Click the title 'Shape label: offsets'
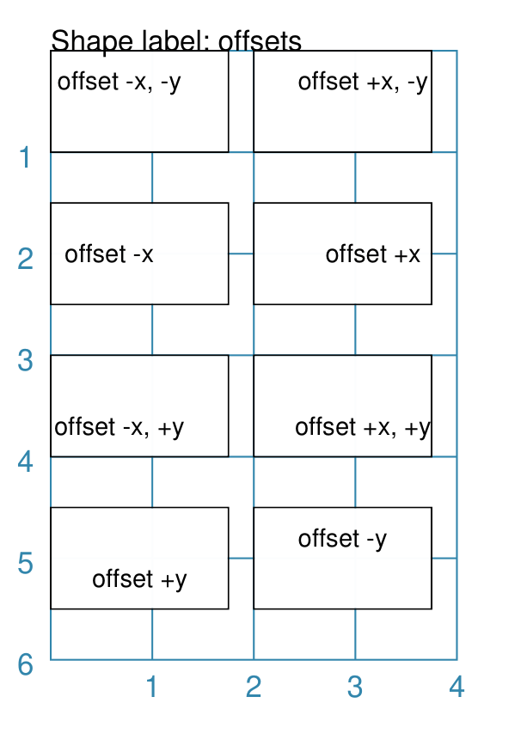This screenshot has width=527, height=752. coord(176,41)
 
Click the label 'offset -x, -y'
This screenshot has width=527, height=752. coord(119,82)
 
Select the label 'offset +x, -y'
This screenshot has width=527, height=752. coord(363,82)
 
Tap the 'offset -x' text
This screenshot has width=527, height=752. coord(109,254)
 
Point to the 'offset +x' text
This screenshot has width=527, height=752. coord(373,254)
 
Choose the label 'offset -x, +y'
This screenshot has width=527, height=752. coord(119,427)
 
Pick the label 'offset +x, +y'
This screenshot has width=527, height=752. coord(363,427)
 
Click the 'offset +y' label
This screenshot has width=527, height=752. coord(139,579)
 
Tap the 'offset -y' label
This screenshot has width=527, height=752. coord(342,539)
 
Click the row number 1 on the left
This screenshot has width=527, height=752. coord(25,157)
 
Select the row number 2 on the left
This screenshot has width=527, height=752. coord(25,259)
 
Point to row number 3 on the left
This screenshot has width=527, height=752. coord(25,361)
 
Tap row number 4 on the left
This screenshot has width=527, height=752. coord(25,462)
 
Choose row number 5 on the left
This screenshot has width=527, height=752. coord(25,564)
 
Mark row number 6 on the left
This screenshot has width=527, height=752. coord(25,665)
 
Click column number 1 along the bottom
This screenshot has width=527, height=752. coord(151,687)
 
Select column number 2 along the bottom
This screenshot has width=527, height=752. coord(254,687)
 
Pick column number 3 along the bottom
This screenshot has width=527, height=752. coord(355,687)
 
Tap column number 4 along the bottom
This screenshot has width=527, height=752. coord(457,687)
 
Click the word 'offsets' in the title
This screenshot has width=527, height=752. coord(260,40)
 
